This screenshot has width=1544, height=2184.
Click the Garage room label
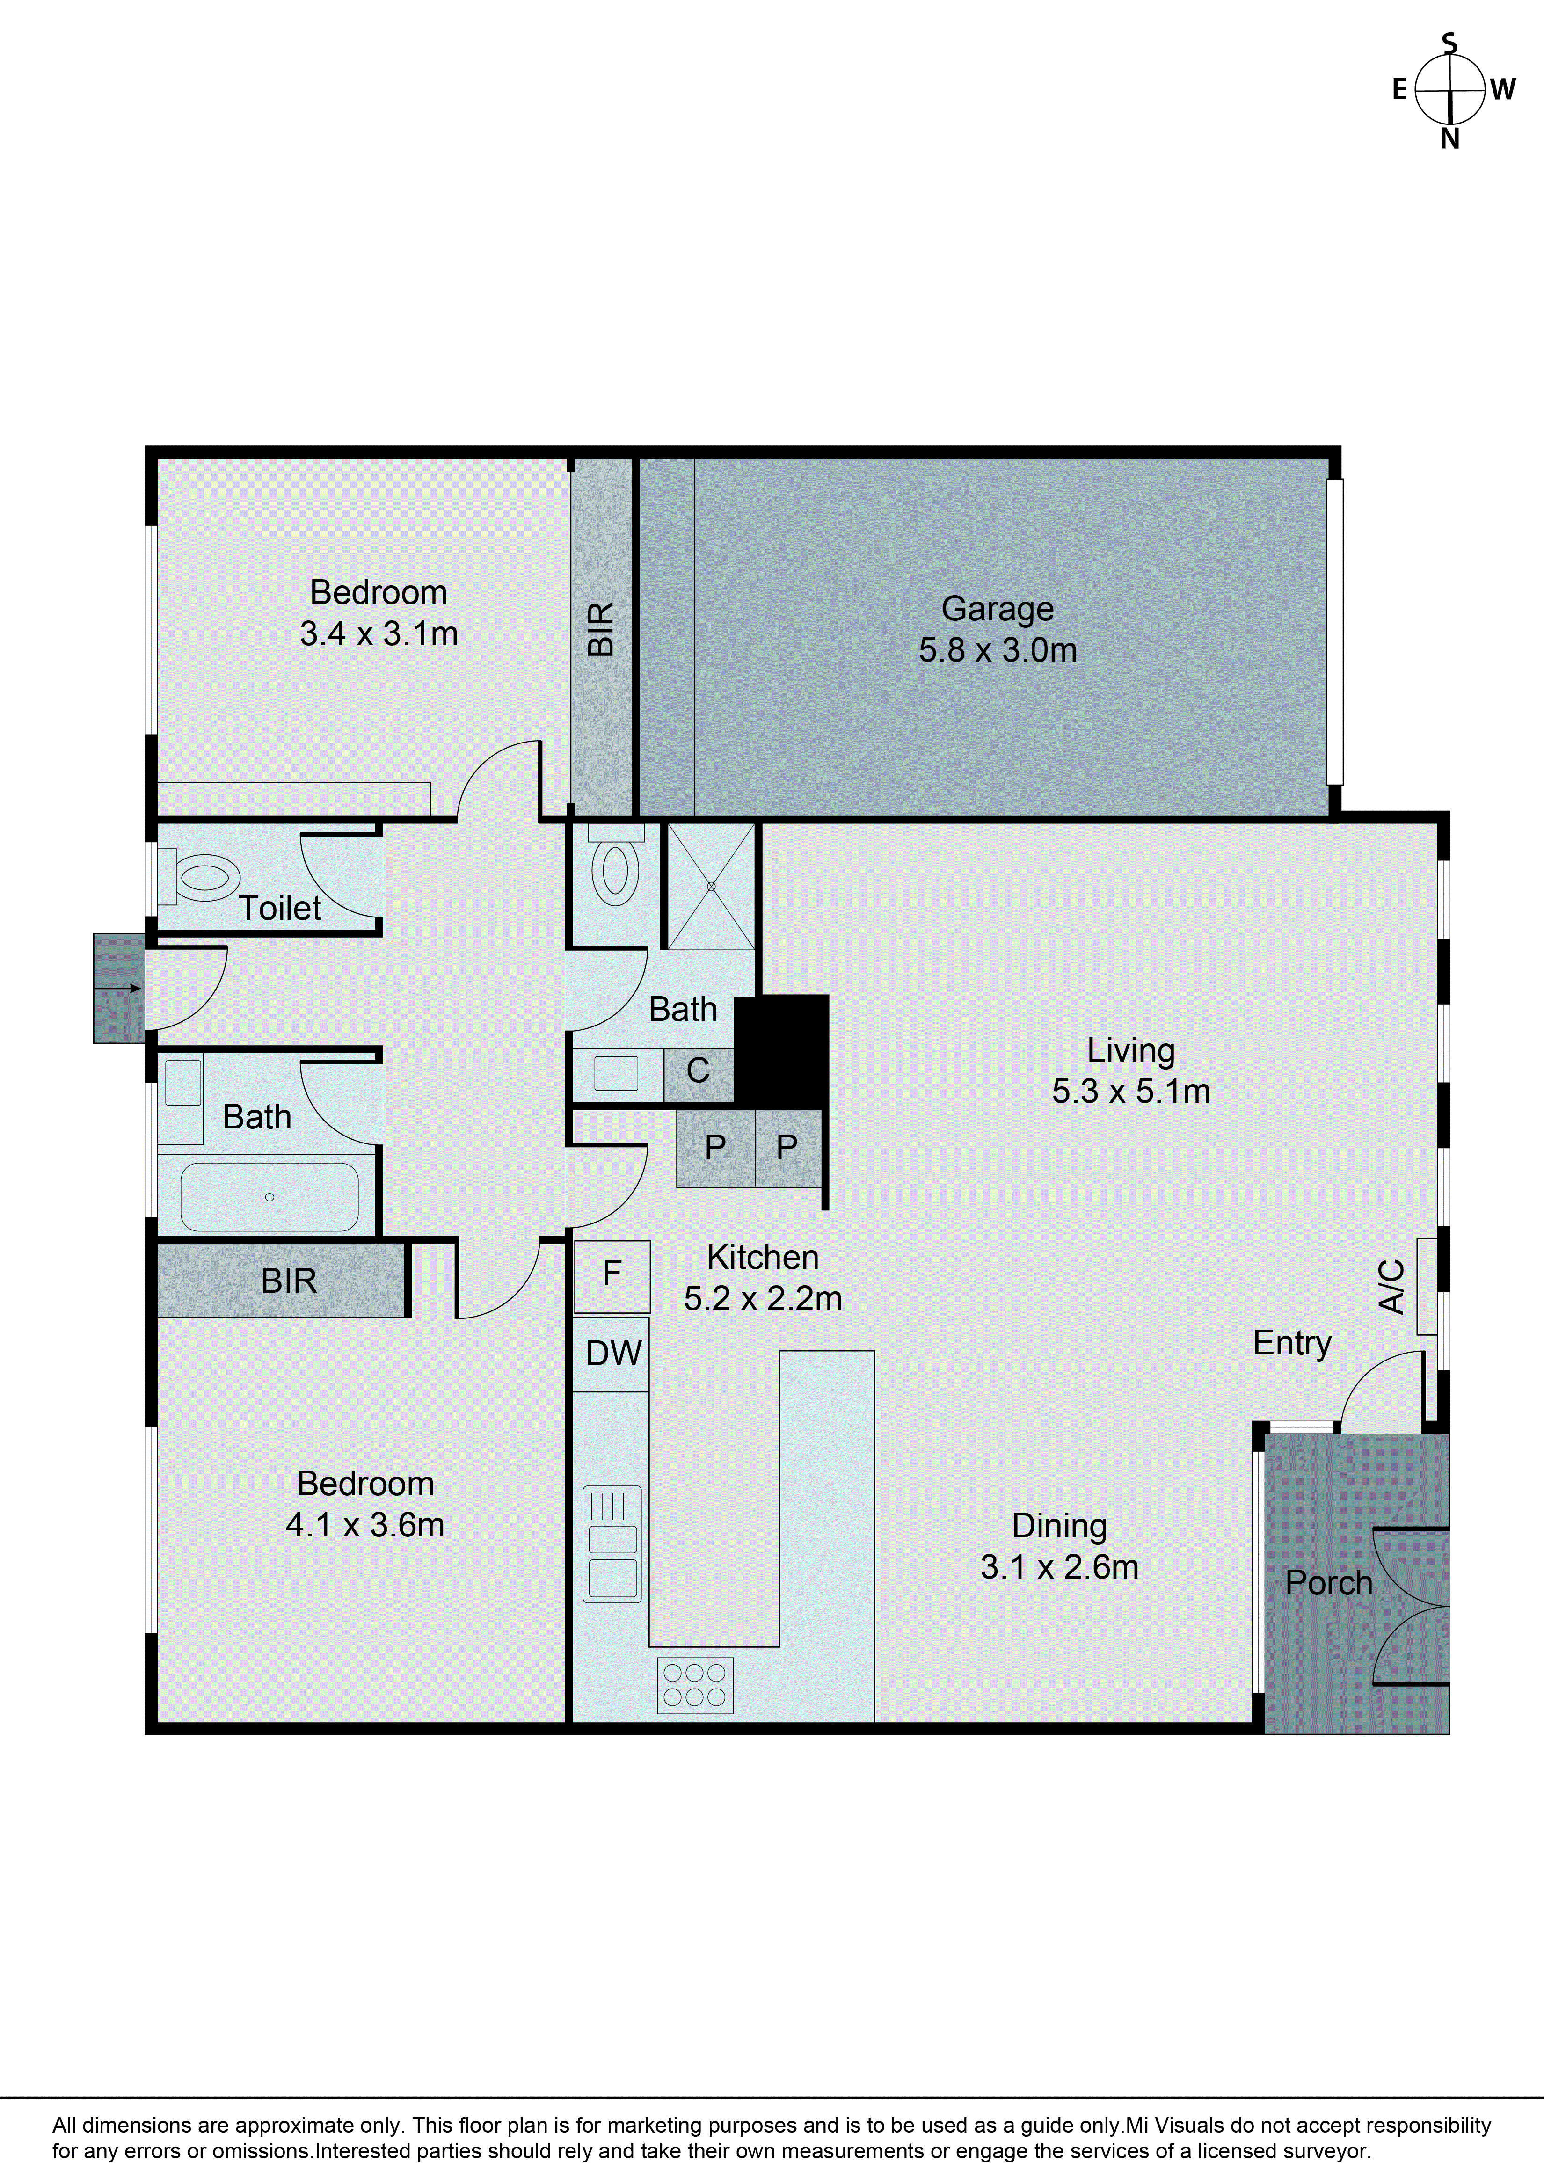point(997,609)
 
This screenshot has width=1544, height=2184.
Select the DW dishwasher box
point(612,1354)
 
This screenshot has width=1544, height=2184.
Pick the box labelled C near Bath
point(698,1074)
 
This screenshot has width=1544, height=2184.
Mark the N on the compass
point(1450,139)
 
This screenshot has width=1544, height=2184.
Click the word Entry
point(1292,1343)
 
